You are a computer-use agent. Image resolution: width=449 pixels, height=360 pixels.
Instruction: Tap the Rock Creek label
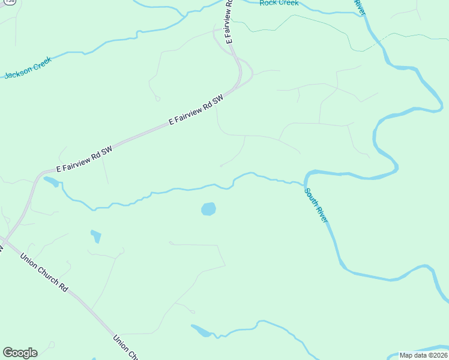(x=279, y=3)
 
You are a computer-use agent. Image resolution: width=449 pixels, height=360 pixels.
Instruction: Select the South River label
(x=316, y=206)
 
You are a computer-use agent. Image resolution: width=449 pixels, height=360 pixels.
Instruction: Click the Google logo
(x=20, y=353)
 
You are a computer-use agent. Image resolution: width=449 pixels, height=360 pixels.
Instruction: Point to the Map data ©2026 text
(x=423, y=355)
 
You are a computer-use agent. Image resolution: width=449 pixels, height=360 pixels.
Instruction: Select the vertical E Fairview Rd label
(x=229, y=22)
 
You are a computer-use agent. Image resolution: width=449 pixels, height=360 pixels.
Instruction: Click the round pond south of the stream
(x=208, y=209)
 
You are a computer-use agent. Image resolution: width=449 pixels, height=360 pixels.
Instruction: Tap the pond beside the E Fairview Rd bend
(x=51, y=181)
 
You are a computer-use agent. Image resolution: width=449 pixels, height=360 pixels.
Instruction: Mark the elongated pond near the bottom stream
(x=202, y=331)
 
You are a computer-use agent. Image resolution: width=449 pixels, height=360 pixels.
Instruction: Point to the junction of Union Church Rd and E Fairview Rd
(x=4, y=239)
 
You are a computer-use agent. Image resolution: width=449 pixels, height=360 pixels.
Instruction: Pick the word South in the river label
(x=310, y=197)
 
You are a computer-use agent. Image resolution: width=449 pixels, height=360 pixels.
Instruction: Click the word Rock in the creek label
(x=269, y=3)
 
